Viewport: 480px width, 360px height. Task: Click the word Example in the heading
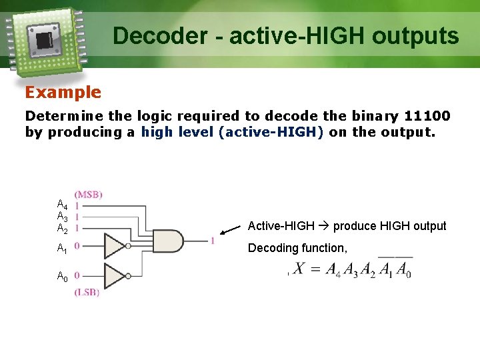63,93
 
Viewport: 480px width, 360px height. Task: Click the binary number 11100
427,116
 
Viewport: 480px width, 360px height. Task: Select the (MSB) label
88,195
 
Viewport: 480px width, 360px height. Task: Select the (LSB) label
87,293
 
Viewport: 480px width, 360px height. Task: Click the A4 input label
61,205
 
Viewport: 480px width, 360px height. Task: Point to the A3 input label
61,217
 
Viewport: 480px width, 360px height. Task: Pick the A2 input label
61,229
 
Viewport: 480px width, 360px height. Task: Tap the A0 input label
61,277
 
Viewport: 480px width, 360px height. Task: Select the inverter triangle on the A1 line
114,247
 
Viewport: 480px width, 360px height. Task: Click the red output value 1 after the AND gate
212,241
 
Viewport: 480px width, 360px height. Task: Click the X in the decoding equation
299,269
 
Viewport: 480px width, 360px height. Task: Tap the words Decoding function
297,248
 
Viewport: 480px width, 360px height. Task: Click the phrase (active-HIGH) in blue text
271,132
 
